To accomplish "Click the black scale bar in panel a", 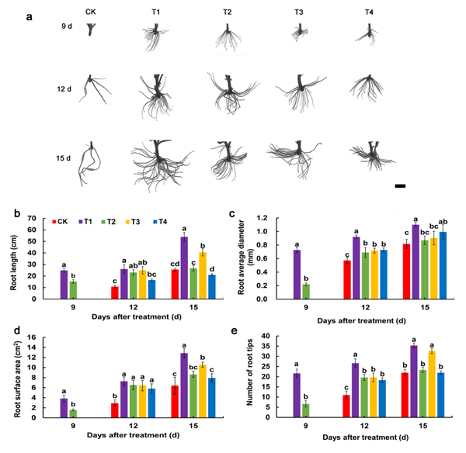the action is [400, 186].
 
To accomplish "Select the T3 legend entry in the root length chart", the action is [132, 222].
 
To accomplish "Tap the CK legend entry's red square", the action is [54, 222].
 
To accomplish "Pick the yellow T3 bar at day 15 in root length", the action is [203, 275].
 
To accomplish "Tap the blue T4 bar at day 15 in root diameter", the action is [443, 265].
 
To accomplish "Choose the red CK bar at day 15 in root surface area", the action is [175, 402].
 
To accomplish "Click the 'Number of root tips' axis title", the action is [249, 372].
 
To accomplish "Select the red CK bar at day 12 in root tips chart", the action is [346, 406].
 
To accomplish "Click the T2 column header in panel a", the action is [228, 12].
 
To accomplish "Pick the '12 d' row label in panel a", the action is [64, 89].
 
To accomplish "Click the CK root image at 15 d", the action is [90, 164].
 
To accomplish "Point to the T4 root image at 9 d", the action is [368, 35].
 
